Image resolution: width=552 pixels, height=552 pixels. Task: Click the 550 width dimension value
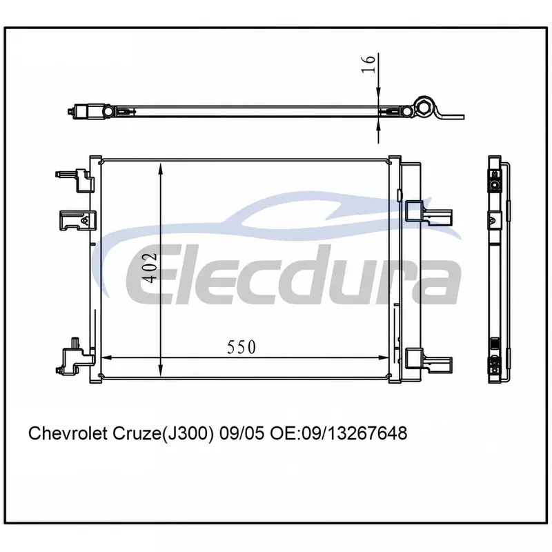(x=241, y=347)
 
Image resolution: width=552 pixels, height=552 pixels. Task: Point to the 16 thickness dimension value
(x=368, y=64)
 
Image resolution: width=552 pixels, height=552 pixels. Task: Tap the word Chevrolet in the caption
(x=68, y=433)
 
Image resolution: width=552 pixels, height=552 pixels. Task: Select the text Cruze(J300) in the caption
(x=164, y=433)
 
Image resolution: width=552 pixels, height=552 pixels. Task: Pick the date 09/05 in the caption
(x=241, y=433)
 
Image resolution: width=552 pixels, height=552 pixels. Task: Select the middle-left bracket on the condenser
(x=78, y=220)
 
